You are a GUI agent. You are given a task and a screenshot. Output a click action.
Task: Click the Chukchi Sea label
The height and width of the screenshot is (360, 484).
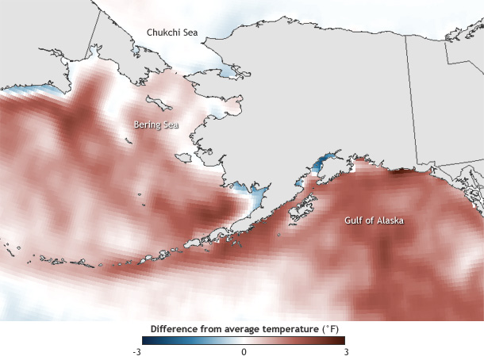[x=171, y=33]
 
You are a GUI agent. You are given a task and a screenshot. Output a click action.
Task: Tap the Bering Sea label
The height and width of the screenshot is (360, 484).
[x=155, y=124]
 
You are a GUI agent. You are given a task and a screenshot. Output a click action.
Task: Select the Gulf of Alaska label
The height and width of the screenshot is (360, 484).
[x=373, y=220]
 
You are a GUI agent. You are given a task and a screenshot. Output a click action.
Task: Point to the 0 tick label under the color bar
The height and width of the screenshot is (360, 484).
[x=244, y=351]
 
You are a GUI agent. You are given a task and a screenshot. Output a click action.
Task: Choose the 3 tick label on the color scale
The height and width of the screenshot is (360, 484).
[x=345, y=351]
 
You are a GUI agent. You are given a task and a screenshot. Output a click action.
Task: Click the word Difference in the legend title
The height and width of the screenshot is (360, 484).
[x=175, y=327]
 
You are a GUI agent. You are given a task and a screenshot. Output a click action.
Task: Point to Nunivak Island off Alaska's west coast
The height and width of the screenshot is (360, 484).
[x=184, y=159]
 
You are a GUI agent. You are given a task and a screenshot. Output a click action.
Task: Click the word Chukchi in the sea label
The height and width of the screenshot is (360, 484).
[x=161, y=33]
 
